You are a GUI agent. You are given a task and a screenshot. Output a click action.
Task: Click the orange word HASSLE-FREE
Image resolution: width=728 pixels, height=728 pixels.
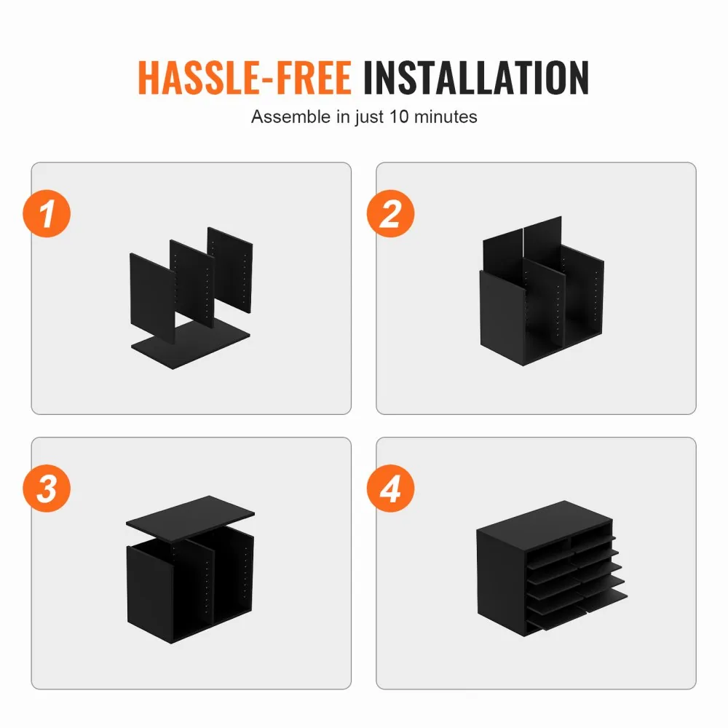(x=245, y=78)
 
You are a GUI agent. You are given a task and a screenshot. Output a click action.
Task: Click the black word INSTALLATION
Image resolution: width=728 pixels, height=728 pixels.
(x=476, y=78)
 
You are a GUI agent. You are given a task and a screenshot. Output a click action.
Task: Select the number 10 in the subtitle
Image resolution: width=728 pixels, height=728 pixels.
(x=399, y=116)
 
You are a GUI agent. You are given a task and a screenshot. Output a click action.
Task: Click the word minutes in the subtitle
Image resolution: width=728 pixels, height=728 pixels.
(x=446, y=116)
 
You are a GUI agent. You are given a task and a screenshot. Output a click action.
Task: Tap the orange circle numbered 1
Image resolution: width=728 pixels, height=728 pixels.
(x=47, y=213)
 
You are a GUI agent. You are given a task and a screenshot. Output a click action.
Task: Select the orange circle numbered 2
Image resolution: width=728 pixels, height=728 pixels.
(x=390, y=213)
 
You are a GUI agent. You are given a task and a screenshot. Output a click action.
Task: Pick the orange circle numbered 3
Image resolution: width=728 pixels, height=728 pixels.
(x=47, y=488)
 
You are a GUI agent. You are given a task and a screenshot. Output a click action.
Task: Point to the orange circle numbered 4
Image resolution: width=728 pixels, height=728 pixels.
(x=390, y=488)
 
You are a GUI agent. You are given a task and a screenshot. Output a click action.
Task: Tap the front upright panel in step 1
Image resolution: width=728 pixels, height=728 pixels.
(x=152, y=297)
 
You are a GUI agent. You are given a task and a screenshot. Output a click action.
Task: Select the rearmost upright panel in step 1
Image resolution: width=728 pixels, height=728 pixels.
(x=231, y=269)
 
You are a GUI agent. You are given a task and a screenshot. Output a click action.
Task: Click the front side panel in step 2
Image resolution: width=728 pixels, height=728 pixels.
(x=502, y=317)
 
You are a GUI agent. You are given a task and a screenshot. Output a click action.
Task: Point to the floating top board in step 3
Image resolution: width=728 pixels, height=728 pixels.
(x=190, y=518)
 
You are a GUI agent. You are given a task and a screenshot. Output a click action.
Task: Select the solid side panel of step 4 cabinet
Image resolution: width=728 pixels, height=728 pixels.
(x=502, y=582)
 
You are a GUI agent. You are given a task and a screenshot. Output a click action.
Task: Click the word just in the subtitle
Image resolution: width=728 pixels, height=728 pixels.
(x=370, y=117)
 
